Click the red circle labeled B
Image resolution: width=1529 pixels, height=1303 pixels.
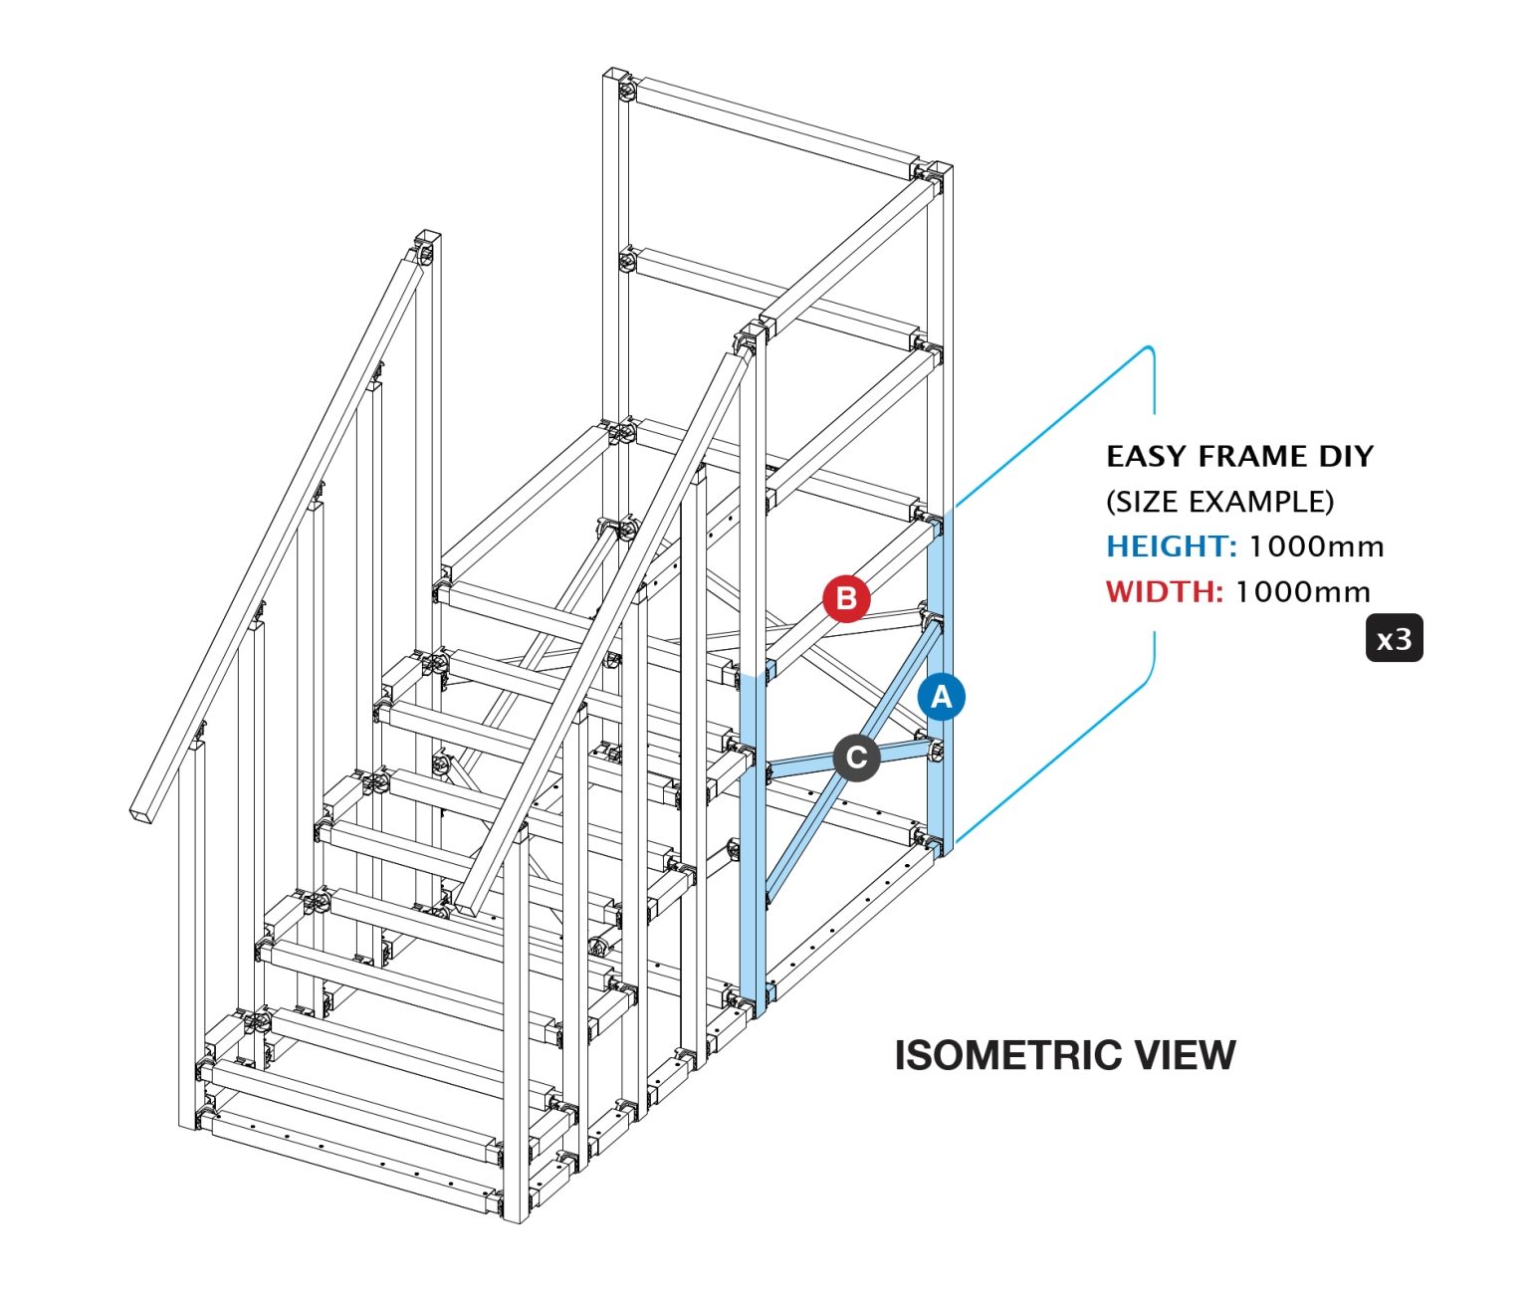[846, 598]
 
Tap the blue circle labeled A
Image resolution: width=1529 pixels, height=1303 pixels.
[941, 697]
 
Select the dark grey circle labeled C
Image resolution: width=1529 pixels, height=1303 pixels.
[856, 759]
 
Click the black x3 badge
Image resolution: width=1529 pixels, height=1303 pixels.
[1394, 639]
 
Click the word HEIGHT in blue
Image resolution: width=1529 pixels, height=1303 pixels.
[1171, 546]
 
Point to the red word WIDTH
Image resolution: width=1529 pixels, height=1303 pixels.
[1164, 592]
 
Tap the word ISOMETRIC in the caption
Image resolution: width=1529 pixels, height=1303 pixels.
[1005, 1055]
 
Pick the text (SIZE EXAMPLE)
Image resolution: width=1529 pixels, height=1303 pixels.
[1219, 502]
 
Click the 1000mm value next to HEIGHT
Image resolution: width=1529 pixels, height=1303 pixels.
[1316, 546]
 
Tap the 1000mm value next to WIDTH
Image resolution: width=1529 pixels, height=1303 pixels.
[1303, 592]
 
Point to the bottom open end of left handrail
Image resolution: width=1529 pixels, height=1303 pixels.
[144, 811]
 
